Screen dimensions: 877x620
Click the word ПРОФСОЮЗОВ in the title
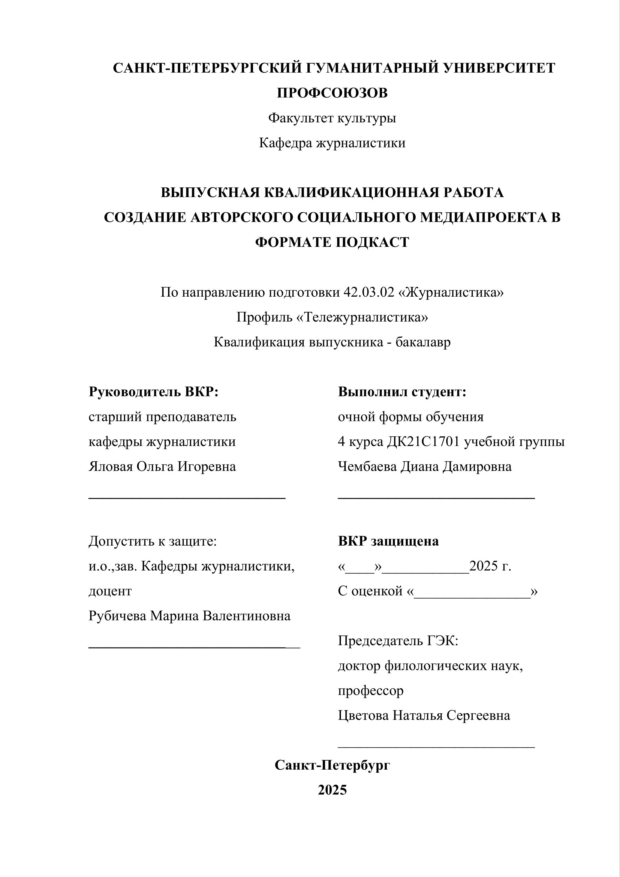click(x=332, y=93)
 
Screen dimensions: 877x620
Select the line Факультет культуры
click(x=332, y=118)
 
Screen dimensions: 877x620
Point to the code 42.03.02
click(x=369, y=292)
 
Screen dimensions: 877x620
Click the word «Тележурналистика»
click(x=362, y=317)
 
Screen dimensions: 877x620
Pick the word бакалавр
click(x=423, y=342)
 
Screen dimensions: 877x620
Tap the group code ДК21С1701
click(x=423, y=441)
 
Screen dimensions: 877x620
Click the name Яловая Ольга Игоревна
click(x=162, y=466)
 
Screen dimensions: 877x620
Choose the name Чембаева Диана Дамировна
click(x=424, y=466)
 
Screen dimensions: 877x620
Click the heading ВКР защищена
click(x=388, y=541)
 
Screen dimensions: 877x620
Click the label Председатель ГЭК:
click(x=398, y=641)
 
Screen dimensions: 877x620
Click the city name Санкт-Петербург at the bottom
click(x=332, y=765)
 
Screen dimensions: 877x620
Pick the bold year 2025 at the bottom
click(x=332, y=790)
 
